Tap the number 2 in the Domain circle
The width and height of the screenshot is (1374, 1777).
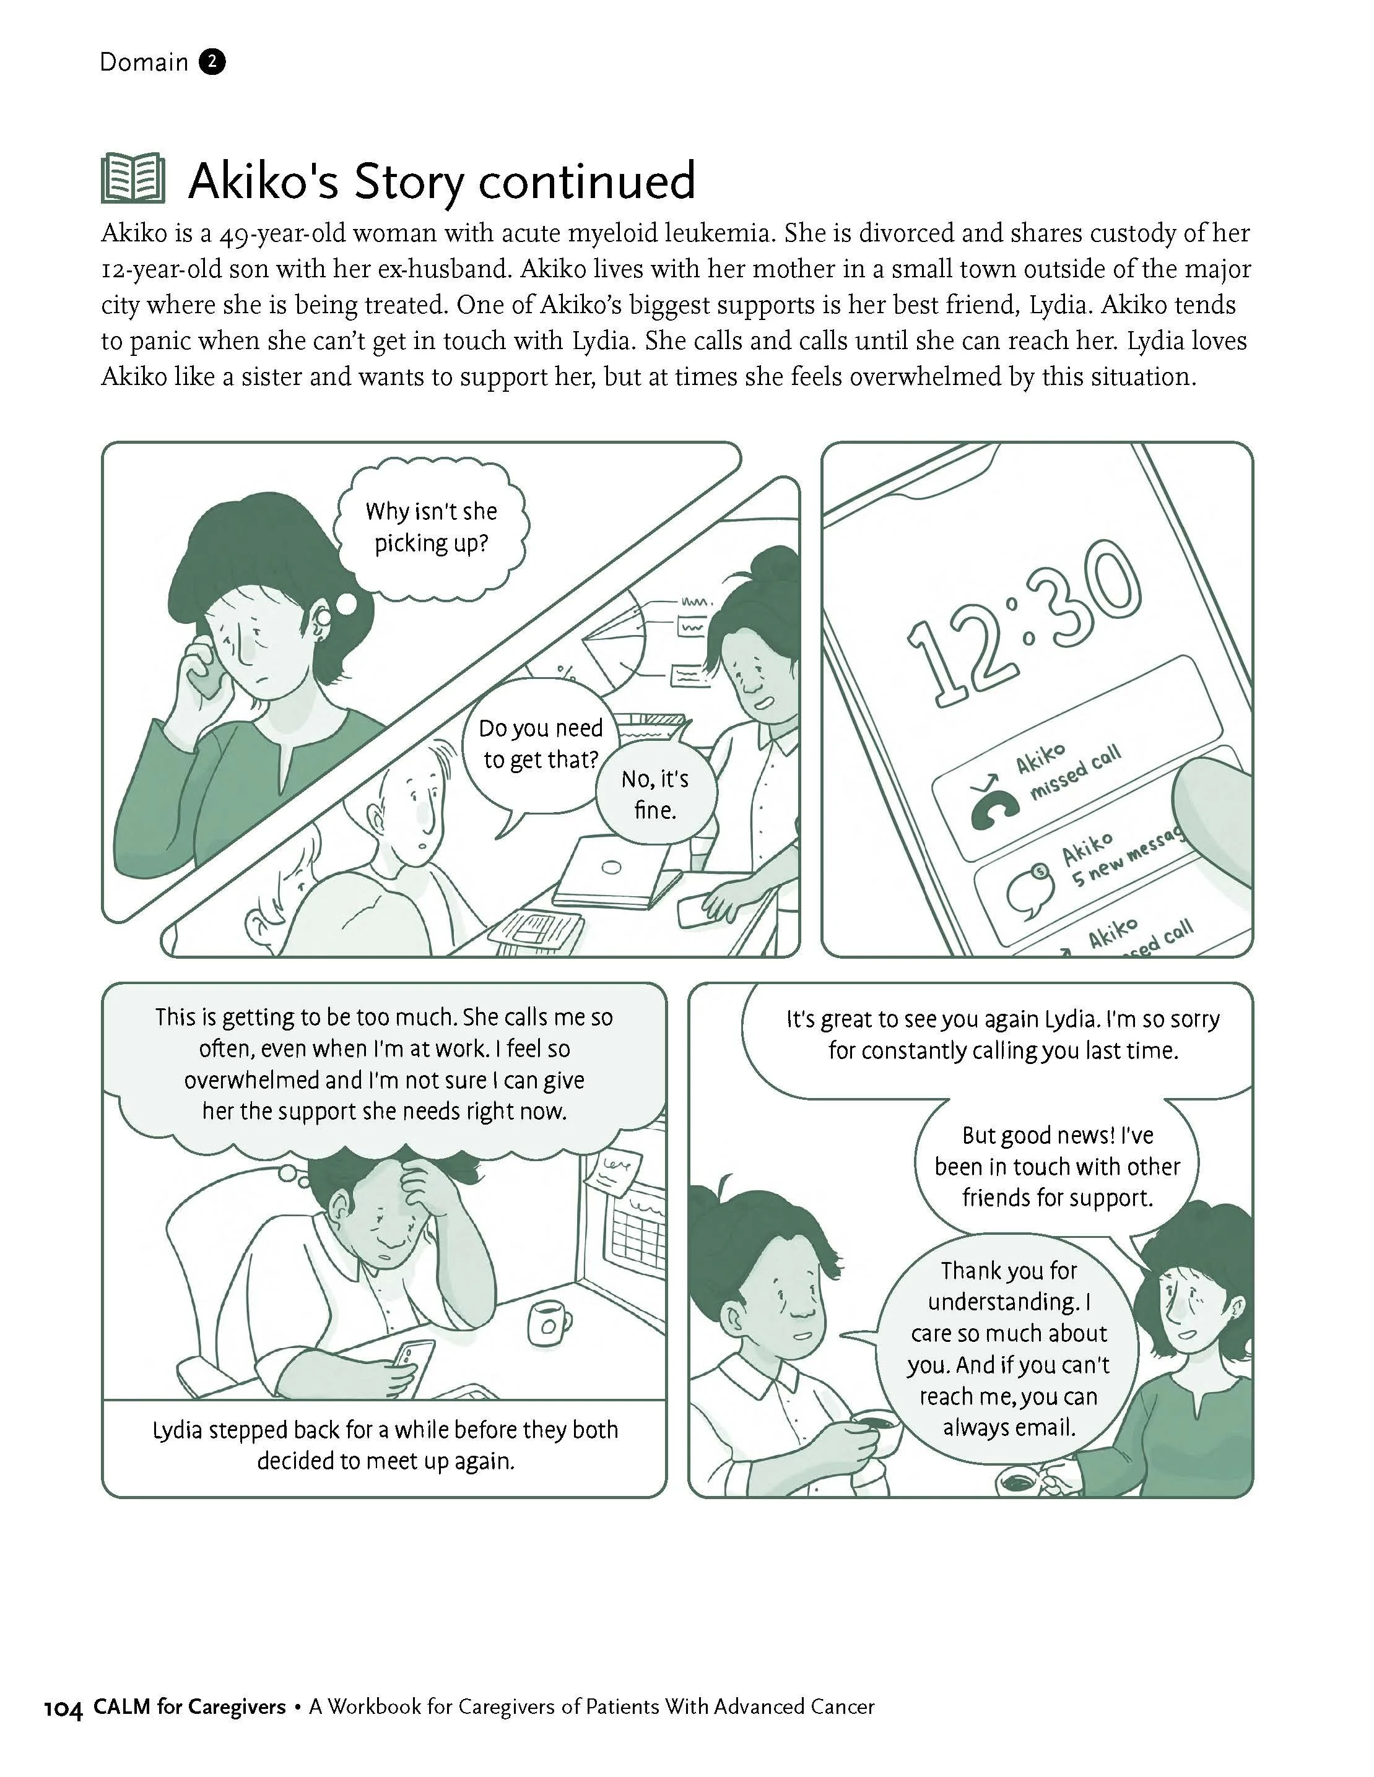pos(212,62)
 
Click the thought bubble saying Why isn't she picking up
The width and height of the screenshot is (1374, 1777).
pos(430,527)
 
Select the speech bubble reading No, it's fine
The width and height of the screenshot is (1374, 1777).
pos(655,794)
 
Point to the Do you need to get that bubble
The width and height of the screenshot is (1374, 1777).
pos(541,744)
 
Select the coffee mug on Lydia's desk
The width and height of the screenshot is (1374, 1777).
pos(549,1321)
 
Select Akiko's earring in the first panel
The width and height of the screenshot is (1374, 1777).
pos(323,618)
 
